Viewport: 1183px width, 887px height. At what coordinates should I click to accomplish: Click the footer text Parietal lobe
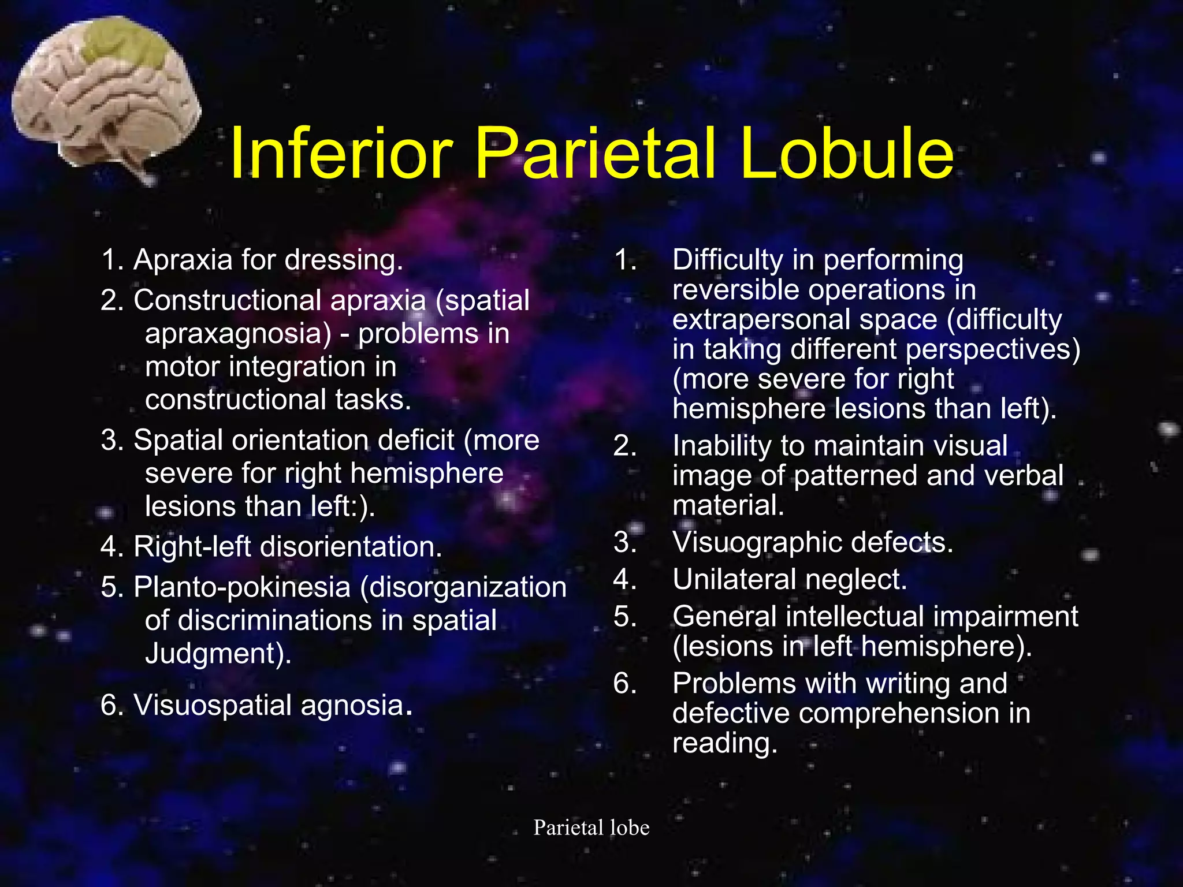pos(591,828)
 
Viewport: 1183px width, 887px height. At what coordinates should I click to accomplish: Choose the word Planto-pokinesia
pos(242,588)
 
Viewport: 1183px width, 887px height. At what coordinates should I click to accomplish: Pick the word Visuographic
pos(757,543)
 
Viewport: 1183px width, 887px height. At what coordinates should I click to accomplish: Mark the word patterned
pos(855,476)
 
